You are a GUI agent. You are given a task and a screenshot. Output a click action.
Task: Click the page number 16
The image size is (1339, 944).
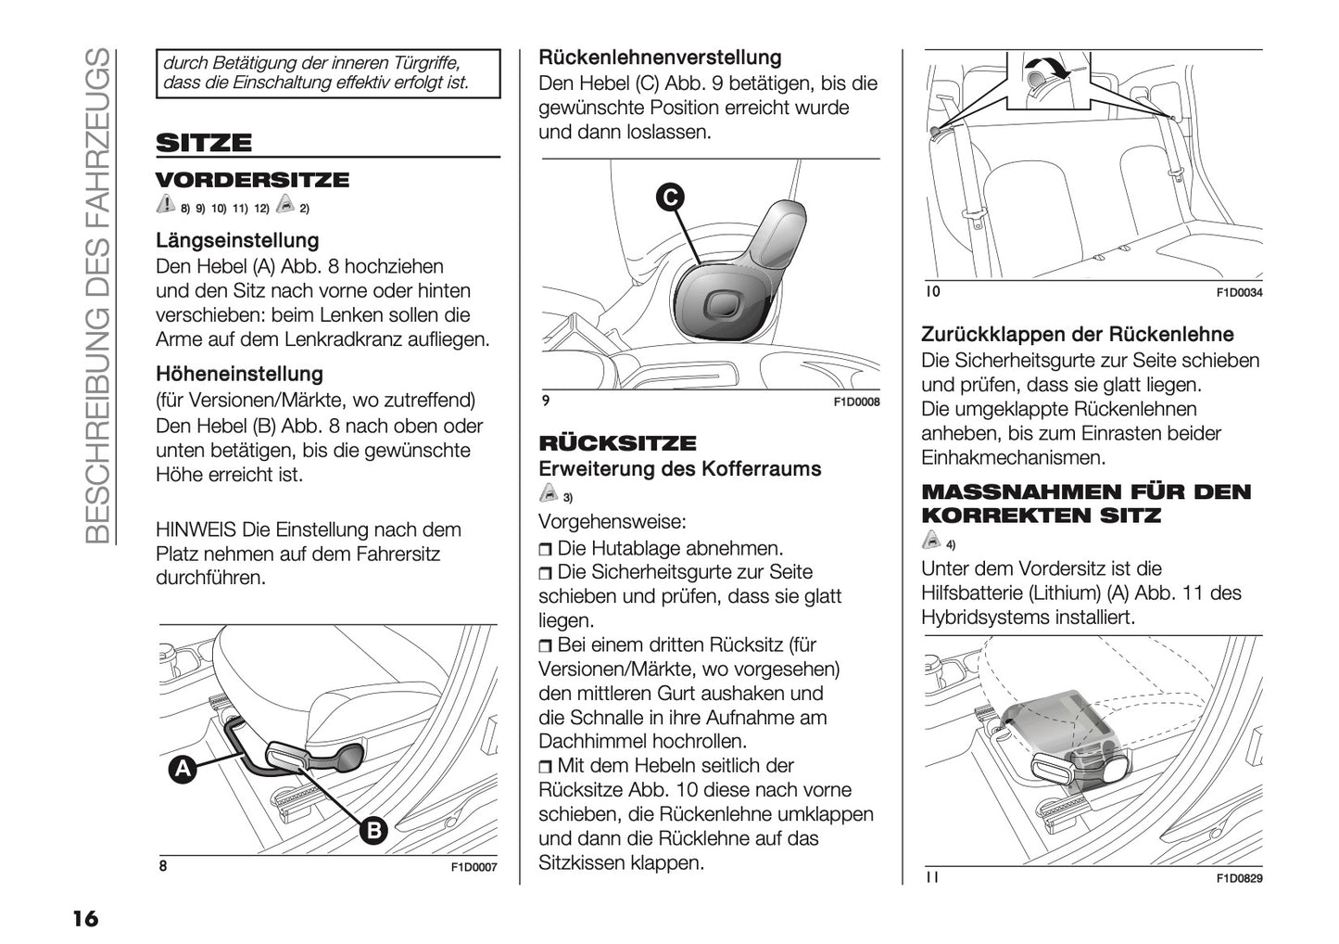(x=84, y=919)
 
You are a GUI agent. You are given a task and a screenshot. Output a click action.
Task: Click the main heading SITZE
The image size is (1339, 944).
(x=204, y=143)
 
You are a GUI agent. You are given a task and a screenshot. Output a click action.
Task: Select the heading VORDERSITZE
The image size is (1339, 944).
(x=252, y=180)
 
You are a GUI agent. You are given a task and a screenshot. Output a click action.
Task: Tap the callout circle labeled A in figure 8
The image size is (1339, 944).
(x=183, y=769)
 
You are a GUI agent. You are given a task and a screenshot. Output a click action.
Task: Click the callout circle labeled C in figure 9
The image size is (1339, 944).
(x=669, y=197)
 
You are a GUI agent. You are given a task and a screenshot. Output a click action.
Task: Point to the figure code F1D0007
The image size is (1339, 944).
(x=474, y=868)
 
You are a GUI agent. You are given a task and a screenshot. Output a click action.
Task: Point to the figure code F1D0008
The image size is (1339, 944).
(x=856, y=402)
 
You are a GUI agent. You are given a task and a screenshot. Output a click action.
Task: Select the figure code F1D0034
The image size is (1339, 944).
(x=1239, y=293)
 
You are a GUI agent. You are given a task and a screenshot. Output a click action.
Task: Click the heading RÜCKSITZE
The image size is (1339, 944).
(x=617, y=443)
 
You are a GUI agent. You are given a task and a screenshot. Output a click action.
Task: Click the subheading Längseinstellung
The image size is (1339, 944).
(x=237, y=241)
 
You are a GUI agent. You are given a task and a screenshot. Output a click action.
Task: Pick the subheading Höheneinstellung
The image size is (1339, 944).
(x=239, y=375)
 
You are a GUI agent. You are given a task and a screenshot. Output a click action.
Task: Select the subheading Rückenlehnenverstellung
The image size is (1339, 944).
(x=660, y=57)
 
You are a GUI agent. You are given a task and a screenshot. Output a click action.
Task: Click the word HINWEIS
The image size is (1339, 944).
(x=196, y=530)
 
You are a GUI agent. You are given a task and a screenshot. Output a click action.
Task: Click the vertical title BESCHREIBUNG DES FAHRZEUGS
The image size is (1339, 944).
(x=98, y=297)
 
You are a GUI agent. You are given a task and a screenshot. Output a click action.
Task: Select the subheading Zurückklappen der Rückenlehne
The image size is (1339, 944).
(x=1077, y=335)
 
